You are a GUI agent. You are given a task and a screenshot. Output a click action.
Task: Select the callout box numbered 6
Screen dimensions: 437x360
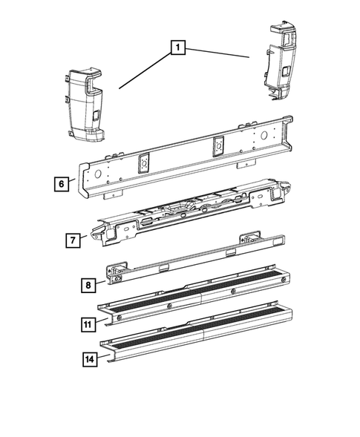[x=62, y=183]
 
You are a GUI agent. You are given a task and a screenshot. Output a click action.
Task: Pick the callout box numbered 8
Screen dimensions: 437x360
[x=88, y=283]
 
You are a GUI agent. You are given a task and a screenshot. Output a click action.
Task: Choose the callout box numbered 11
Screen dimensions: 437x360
[x=90, y=323]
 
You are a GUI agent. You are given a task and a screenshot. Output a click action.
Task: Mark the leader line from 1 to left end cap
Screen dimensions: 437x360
[x=145, y=70]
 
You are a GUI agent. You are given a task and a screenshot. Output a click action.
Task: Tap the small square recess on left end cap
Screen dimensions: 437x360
[x=97, y=116]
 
